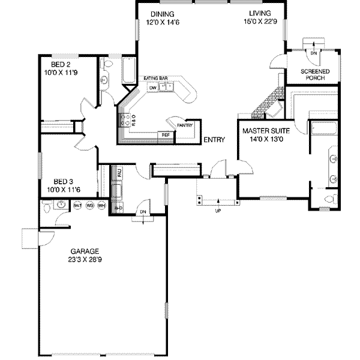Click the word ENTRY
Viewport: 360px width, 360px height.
pyautogui.click(x=214, y=140)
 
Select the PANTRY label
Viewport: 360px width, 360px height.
pyautogui.click(x=184, y=125)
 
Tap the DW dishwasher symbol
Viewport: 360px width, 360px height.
pyautogui.click(x=153, y=88)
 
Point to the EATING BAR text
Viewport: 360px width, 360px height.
pyautogui.click(x=154, y=78)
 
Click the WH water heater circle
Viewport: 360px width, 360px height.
pyautogui.click(x=101, y=205)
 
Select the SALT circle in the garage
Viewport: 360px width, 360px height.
pyautogui.click(x=77, y=205)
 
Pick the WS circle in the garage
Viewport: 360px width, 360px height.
pyautogui.click(x=89, y=205)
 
